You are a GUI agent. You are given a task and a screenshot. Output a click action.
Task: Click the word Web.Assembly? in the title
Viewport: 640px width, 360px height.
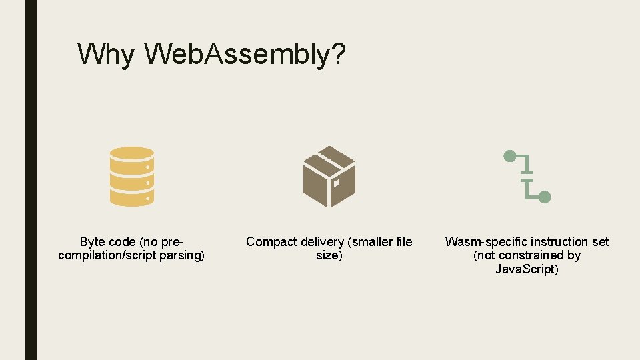[x=245, y=54]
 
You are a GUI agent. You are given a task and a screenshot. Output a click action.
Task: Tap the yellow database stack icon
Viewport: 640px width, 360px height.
[x=131, y=176]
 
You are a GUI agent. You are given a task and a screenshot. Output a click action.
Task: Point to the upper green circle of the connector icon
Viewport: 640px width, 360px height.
[x=509, y=157]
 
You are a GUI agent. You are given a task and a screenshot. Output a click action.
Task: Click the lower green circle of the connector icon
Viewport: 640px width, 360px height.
[x=545, y=197]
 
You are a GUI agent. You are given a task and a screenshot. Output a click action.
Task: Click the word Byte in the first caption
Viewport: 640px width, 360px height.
[x=92, y=241]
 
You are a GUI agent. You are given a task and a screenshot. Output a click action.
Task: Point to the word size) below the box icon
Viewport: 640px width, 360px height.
[x=329, y=255]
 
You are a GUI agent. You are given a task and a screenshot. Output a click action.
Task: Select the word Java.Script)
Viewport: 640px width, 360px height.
[x=527, y=269]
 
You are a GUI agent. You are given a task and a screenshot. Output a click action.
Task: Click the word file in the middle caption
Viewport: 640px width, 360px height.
[x=403, y=241]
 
